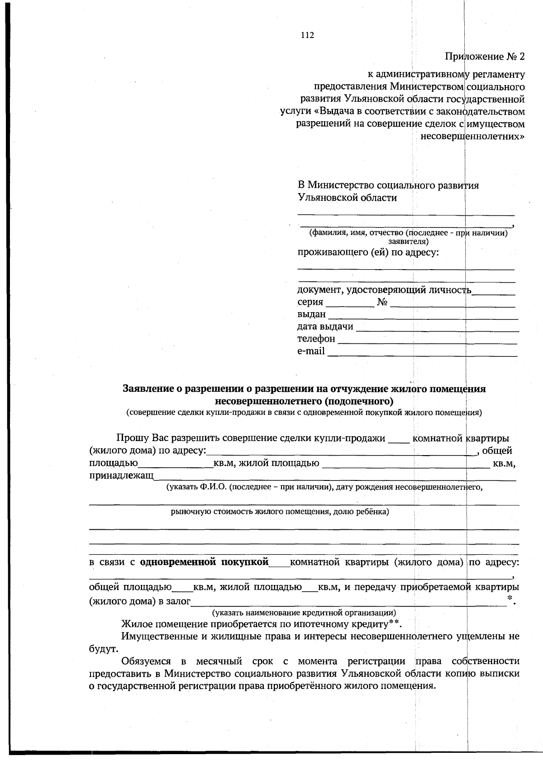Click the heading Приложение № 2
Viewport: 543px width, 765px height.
pos(485,57)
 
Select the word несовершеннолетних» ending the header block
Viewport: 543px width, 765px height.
pos(473,136)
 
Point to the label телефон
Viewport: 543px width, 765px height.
pos(316,339)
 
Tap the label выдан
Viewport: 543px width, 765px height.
pos(311,314)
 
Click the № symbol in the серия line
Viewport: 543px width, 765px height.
pos(382,302)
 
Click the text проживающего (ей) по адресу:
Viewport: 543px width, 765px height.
pos(368,252)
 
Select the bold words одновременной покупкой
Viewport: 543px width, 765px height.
pos(205,562)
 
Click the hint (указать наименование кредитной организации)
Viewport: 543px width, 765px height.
pos(304,613)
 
